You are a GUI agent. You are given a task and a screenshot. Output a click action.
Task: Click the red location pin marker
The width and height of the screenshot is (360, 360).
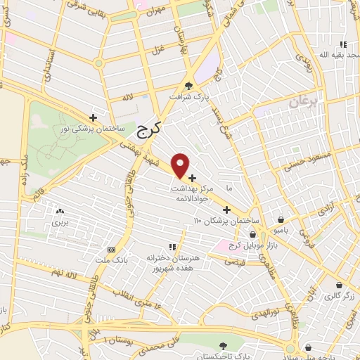(181, 165)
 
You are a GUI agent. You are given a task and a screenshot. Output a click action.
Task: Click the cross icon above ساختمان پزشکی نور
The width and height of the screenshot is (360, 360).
(93, 117)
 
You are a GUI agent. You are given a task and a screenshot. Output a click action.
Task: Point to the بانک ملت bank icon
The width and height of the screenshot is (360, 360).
(111, 250)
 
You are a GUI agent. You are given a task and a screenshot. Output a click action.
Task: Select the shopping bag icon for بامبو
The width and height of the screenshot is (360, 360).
(281, 219)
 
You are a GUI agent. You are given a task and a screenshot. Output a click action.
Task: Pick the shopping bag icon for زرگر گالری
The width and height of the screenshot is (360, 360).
(340, 285)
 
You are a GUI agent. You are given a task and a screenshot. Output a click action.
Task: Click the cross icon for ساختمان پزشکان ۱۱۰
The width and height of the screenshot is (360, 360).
(226, 209)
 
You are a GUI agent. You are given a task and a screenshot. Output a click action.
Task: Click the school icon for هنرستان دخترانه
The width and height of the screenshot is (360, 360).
(172, 247)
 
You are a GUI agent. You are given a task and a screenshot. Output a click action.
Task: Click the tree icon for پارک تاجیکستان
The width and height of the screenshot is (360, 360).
(224, 345)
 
